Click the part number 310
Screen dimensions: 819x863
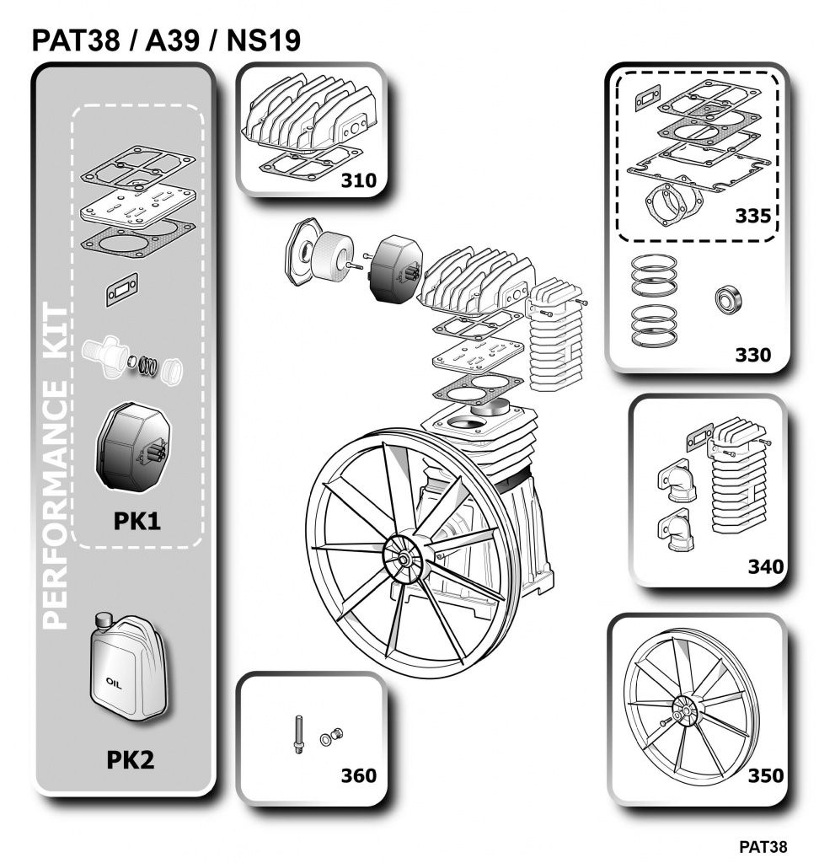(358, 180)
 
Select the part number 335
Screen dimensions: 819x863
(753, 216)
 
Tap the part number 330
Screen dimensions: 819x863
(753, 355)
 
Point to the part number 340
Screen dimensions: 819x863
(766, 566)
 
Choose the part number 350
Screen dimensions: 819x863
(766, 775)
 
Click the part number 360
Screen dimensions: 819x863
(358, 775)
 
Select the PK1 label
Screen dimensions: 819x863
(137, 521)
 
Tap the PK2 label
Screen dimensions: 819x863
(131, 760)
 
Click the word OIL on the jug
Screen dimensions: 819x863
(114, 683)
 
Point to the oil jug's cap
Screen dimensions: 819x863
(103, 619)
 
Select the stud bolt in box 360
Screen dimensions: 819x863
(299, 734)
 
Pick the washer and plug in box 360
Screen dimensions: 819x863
(331, 736)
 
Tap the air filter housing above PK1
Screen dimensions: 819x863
(133, 447)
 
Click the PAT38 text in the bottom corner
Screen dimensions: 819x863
(763, 846)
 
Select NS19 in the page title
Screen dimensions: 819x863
(264, 40)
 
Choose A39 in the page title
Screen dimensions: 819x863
(172, 40)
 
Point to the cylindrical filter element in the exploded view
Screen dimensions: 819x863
(329, 256)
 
